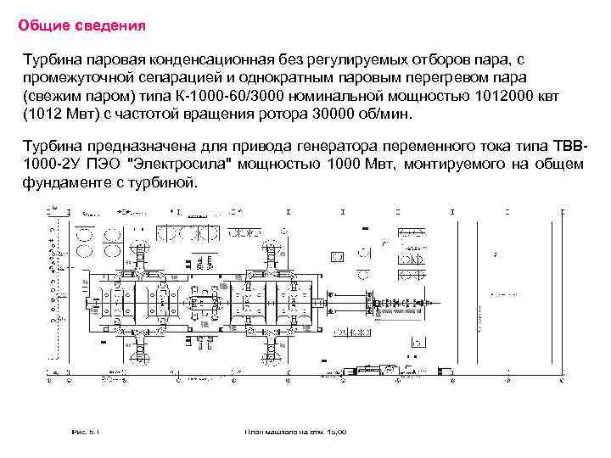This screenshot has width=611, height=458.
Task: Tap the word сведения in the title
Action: click(x=109, y=26)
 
